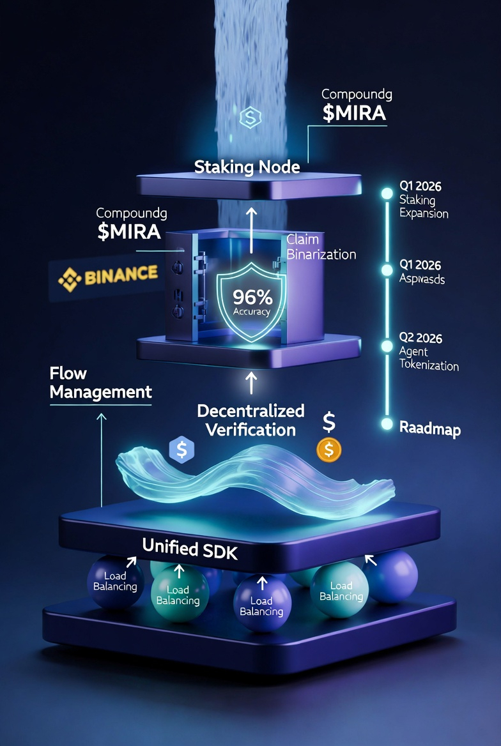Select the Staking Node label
(x=247, y=167)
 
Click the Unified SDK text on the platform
(x=190, y=547)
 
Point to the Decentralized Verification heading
(x=250, y=419)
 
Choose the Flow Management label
(x=100, y=382)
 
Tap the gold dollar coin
(x=329, y=450)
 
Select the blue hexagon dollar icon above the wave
(x=181, y=450)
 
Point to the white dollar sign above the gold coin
(x=329, y=422)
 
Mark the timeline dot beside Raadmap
(x=386, y=423)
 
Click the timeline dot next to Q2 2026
(x=386, y=346)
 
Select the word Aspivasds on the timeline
(x=422, y=280)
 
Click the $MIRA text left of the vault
(x=129, y=231)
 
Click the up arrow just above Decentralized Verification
(x=251, y=383)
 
